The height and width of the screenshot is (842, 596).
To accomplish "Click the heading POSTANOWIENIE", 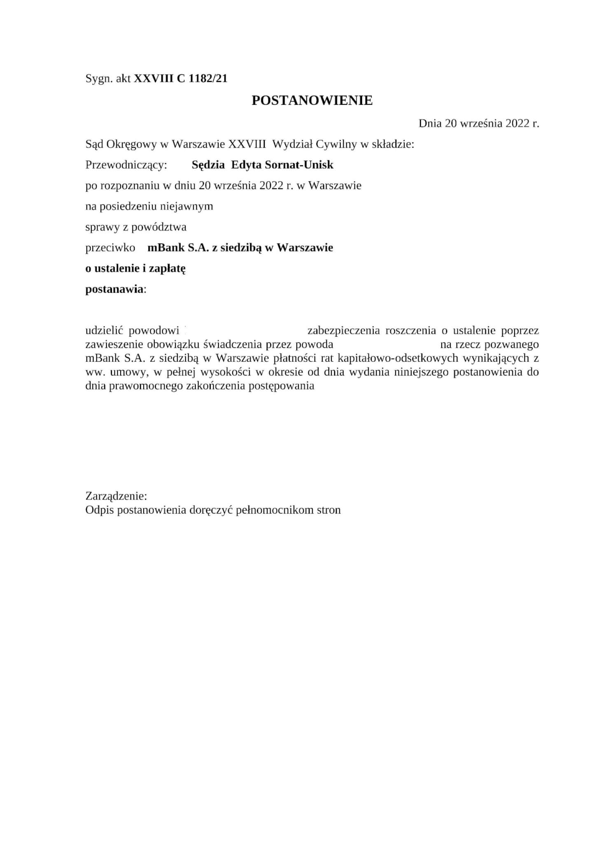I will [312, 101].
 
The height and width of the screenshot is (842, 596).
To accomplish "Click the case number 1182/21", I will [208, 79].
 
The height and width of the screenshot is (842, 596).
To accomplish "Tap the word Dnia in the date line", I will [430, 123].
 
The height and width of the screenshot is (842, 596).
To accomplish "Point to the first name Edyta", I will [246, 165].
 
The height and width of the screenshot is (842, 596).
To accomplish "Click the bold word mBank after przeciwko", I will [165, 248].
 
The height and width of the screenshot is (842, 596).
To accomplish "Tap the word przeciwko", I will [110, 248].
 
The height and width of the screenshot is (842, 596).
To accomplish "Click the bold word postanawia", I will [114, 289].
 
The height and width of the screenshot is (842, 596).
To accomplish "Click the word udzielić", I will [104, 331].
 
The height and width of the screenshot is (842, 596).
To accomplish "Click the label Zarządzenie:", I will [116, 496].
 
